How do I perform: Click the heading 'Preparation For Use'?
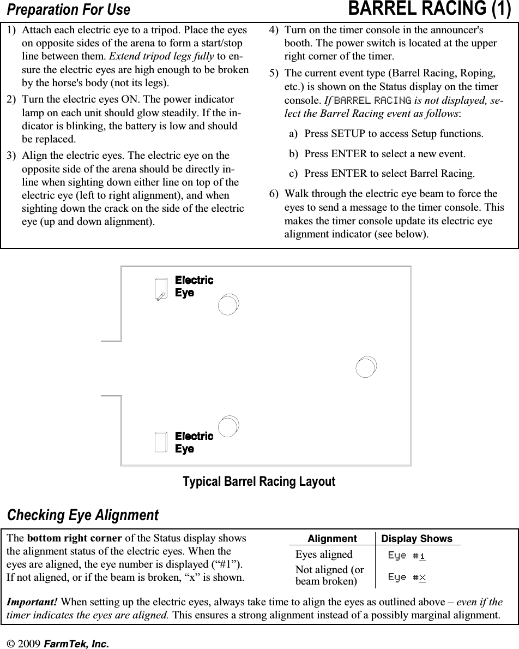click(x=68, y=10)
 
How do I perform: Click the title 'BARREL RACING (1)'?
click(x=429, y=9)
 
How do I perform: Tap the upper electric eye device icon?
click(x=160, y=289)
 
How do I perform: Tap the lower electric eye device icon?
click(x=161, y=442)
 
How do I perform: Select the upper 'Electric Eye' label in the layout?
click(x=194, y=287)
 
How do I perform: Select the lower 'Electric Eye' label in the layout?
click(x=194, y=443)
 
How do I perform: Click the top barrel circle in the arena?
click(x=227, y=305)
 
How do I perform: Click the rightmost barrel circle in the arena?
click(x=366, y=367)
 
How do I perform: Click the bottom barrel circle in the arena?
click(x=227, y=427)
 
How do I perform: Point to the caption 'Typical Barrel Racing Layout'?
click(x=259, y=482)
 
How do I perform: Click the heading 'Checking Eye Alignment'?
click(x=82, y=515)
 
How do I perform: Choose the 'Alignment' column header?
click(x=332, y=539)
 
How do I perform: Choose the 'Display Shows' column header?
click(x=417, y=539)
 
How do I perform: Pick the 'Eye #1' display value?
click(x=407, y=556)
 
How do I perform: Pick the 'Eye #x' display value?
click(x=407, y=577)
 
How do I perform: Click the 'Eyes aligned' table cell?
click(x=324, y=555)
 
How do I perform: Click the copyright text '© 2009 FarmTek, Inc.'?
click(x=57, y=644)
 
